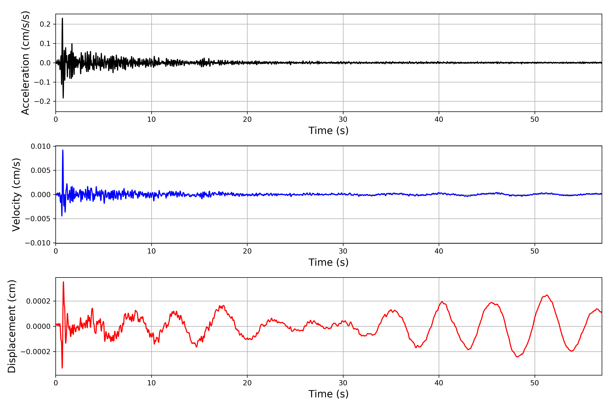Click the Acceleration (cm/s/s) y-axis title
click(25, 63)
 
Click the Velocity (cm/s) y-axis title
click(16, 195)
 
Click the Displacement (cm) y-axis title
click(12, 326)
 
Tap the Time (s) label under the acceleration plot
click(328, 131)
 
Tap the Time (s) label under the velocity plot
click(328, 262)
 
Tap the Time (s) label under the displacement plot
click(328, 394)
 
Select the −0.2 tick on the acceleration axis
click(42, 101)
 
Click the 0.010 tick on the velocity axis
click(41, 146)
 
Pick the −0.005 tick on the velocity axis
click(38, 219)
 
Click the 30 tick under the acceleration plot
click(343, 119)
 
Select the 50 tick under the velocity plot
click(535, 251)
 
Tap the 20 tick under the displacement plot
click(247, 383)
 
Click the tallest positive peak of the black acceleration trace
click(62, 18)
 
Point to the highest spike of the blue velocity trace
click(63, 150)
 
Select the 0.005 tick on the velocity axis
click(41, 171)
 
